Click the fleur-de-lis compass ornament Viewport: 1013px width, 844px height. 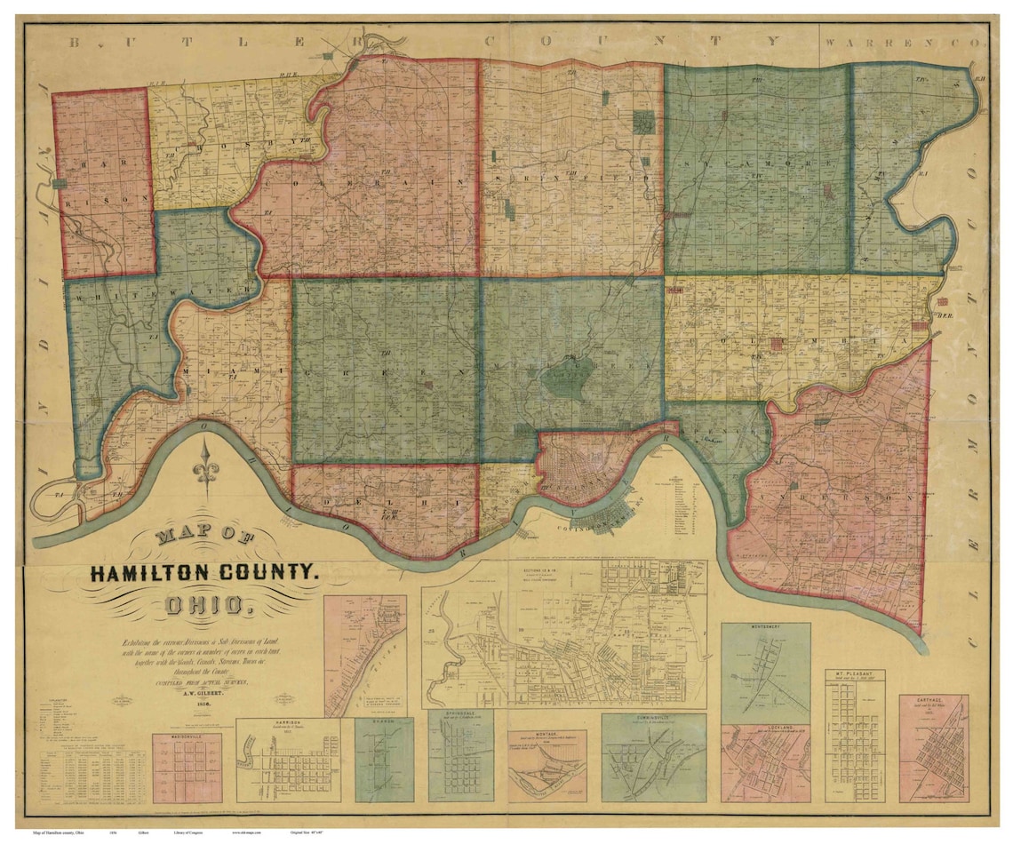(x=207, y=470)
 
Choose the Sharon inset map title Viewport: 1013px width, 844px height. (x=384, y=721)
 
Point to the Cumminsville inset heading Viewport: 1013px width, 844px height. (x=653, y=718)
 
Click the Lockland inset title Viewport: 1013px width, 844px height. (x=765, y=729)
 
